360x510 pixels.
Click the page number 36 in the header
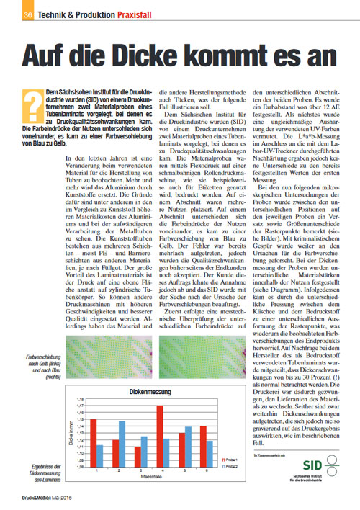pos(27,14)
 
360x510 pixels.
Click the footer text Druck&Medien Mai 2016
pos(41,496)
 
